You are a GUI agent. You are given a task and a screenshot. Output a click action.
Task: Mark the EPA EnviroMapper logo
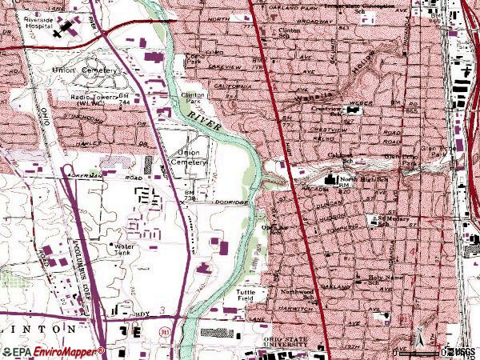53,351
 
